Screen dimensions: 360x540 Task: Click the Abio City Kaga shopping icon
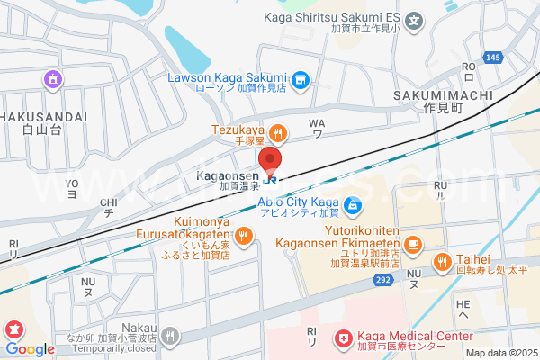tap(354, 205)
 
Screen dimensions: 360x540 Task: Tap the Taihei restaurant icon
tap(442, 262)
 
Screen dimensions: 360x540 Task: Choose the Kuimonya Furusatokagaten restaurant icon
tap(244, 236)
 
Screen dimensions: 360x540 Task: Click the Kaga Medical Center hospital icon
tap(343, 339)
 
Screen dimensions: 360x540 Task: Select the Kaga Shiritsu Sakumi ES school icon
tap(414, 19)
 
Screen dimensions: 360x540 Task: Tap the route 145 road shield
tap(492, 58)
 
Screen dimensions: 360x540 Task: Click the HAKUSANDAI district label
tap(43, 117)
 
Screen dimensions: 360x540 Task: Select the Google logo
tap(31, 348)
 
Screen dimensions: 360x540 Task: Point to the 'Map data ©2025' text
tap(501, 353)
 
